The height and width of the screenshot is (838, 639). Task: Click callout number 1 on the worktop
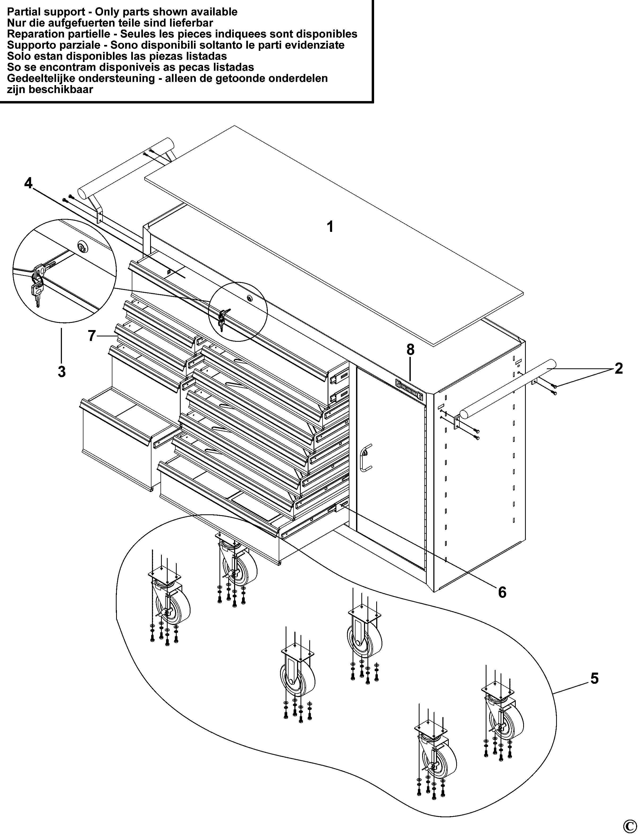click(330, 227)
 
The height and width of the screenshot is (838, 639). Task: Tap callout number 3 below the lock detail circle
click(62, 371)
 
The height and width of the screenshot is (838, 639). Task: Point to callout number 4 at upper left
click(28, 184)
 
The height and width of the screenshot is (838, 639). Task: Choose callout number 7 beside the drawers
click(91, 336)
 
